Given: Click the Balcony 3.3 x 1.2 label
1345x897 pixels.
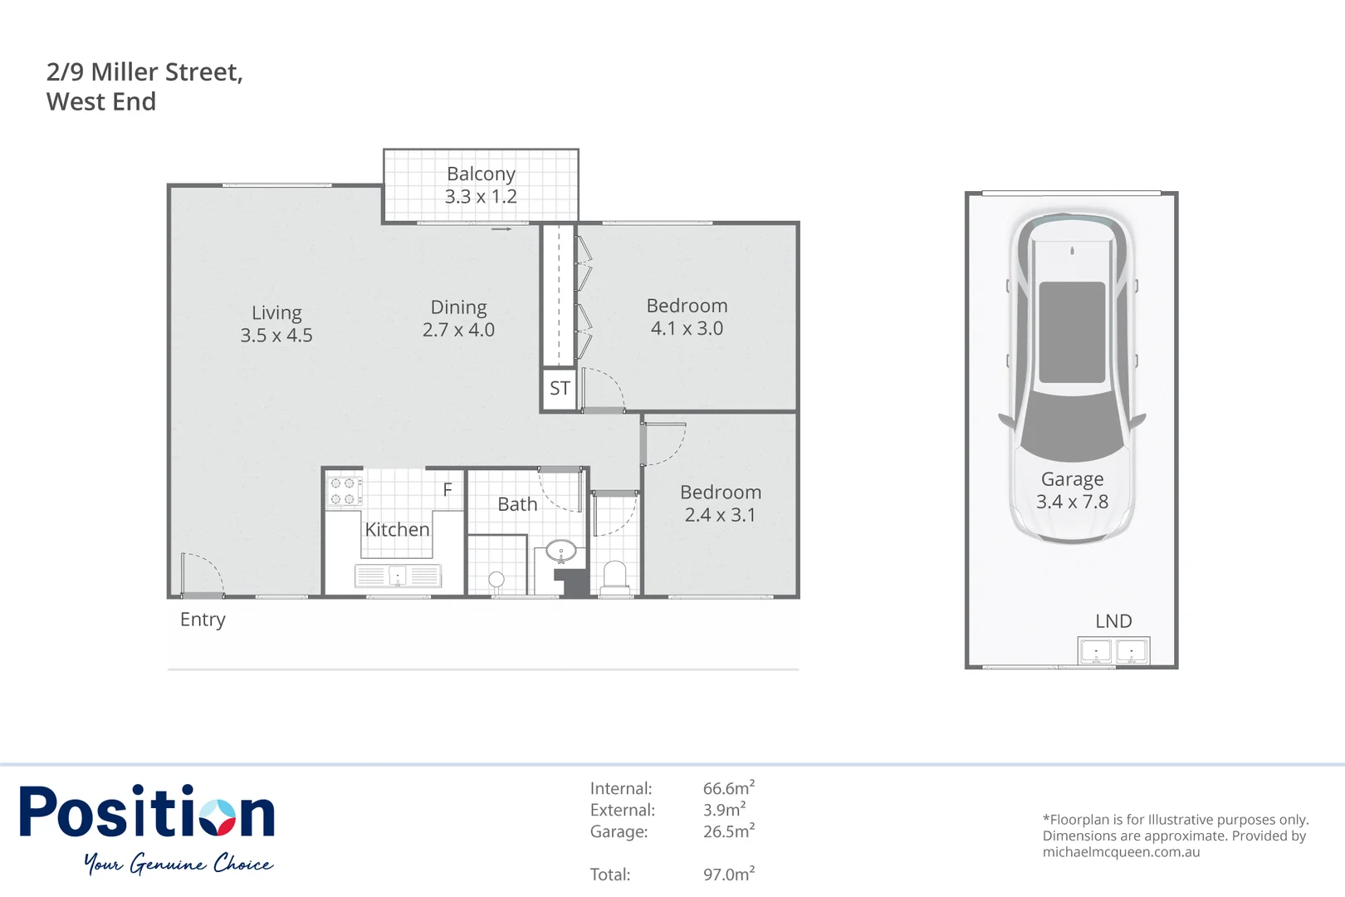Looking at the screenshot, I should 481,185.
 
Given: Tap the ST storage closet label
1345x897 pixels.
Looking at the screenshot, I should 560,388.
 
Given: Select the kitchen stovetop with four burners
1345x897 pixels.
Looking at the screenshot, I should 343,491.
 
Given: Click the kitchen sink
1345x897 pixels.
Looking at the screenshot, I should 398,576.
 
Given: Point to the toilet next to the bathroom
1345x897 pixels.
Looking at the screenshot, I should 614,576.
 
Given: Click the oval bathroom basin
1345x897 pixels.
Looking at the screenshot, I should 561,551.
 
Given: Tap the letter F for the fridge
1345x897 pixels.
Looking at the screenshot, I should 448,490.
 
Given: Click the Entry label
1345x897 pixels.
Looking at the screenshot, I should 203,620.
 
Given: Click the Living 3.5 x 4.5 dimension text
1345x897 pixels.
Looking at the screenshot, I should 276,336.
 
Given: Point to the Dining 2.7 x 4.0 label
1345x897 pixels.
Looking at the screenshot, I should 458,319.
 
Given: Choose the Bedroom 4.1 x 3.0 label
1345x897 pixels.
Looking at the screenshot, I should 687,317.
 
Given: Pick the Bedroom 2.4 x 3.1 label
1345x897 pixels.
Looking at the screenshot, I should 720,503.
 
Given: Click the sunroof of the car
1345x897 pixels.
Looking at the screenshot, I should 1072,332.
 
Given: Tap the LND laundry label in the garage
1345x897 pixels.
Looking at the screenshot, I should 1113,621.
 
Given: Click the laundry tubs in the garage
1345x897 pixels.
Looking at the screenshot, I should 1113,650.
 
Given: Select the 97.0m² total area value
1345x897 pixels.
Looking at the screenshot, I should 728,874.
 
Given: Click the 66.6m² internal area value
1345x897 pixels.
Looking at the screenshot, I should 728,788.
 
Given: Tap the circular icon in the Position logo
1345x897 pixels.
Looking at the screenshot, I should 219,817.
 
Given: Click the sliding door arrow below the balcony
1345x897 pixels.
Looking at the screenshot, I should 501,228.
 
